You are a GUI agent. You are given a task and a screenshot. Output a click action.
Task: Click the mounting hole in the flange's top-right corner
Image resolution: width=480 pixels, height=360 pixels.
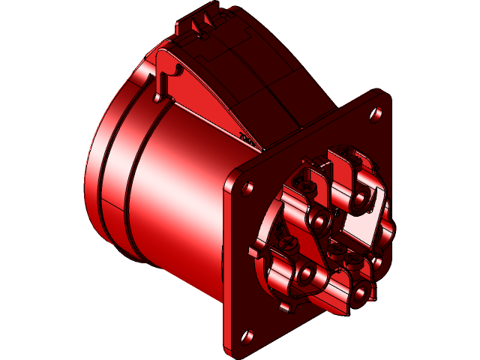[376, 114]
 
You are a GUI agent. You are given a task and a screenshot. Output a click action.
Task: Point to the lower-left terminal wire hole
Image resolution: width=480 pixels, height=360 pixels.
[307, 274]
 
